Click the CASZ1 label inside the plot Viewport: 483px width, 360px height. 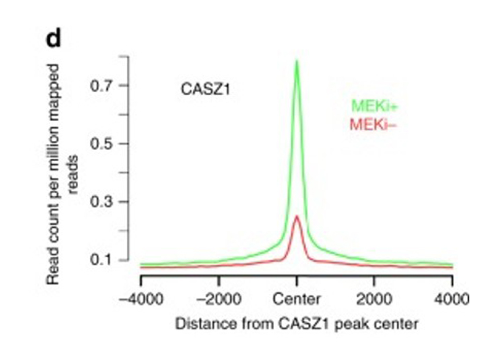205,89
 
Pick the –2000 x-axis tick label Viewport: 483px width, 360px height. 218,300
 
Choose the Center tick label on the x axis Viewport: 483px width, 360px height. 297,300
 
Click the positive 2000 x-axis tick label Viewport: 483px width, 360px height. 374,300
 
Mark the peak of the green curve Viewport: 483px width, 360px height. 297,61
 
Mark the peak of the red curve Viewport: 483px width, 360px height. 297,216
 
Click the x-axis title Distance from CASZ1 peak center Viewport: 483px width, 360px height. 296,325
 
